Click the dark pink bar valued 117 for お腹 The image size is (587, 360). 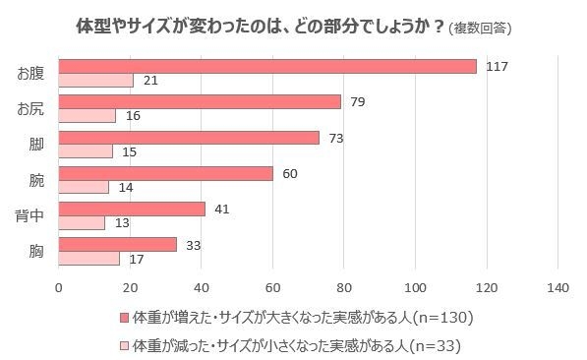point(267,66)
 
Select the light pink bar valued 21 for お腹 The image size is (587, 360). point(96,80)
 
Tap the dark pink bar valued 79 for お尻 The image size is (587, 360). point(200,101)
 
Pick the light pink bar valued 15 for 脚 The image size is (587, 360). point(86,151)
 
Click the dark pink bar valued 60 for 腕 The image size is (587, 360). point(166,173)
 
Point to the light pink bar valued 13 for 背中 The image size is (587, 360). point(83,223)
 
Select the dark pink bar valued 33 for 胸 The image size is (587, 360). point(118,244)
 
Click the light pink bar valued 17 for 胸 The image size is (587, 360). point(89,259)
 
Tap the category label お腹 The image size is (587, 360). point(29,73)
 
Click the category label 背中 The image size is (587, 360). point(29,215)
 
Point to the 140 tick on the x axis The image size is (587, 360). point(557,287)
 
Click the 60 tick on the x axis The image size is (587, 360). point(272,287)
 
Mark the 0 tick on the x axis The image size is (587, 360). point(59,287)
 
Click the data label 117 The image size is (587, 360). point(496,66)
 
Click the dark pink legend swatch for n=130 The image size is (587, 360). point(123,317)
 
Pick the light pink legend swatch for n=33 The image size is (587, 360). point(123,344)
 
